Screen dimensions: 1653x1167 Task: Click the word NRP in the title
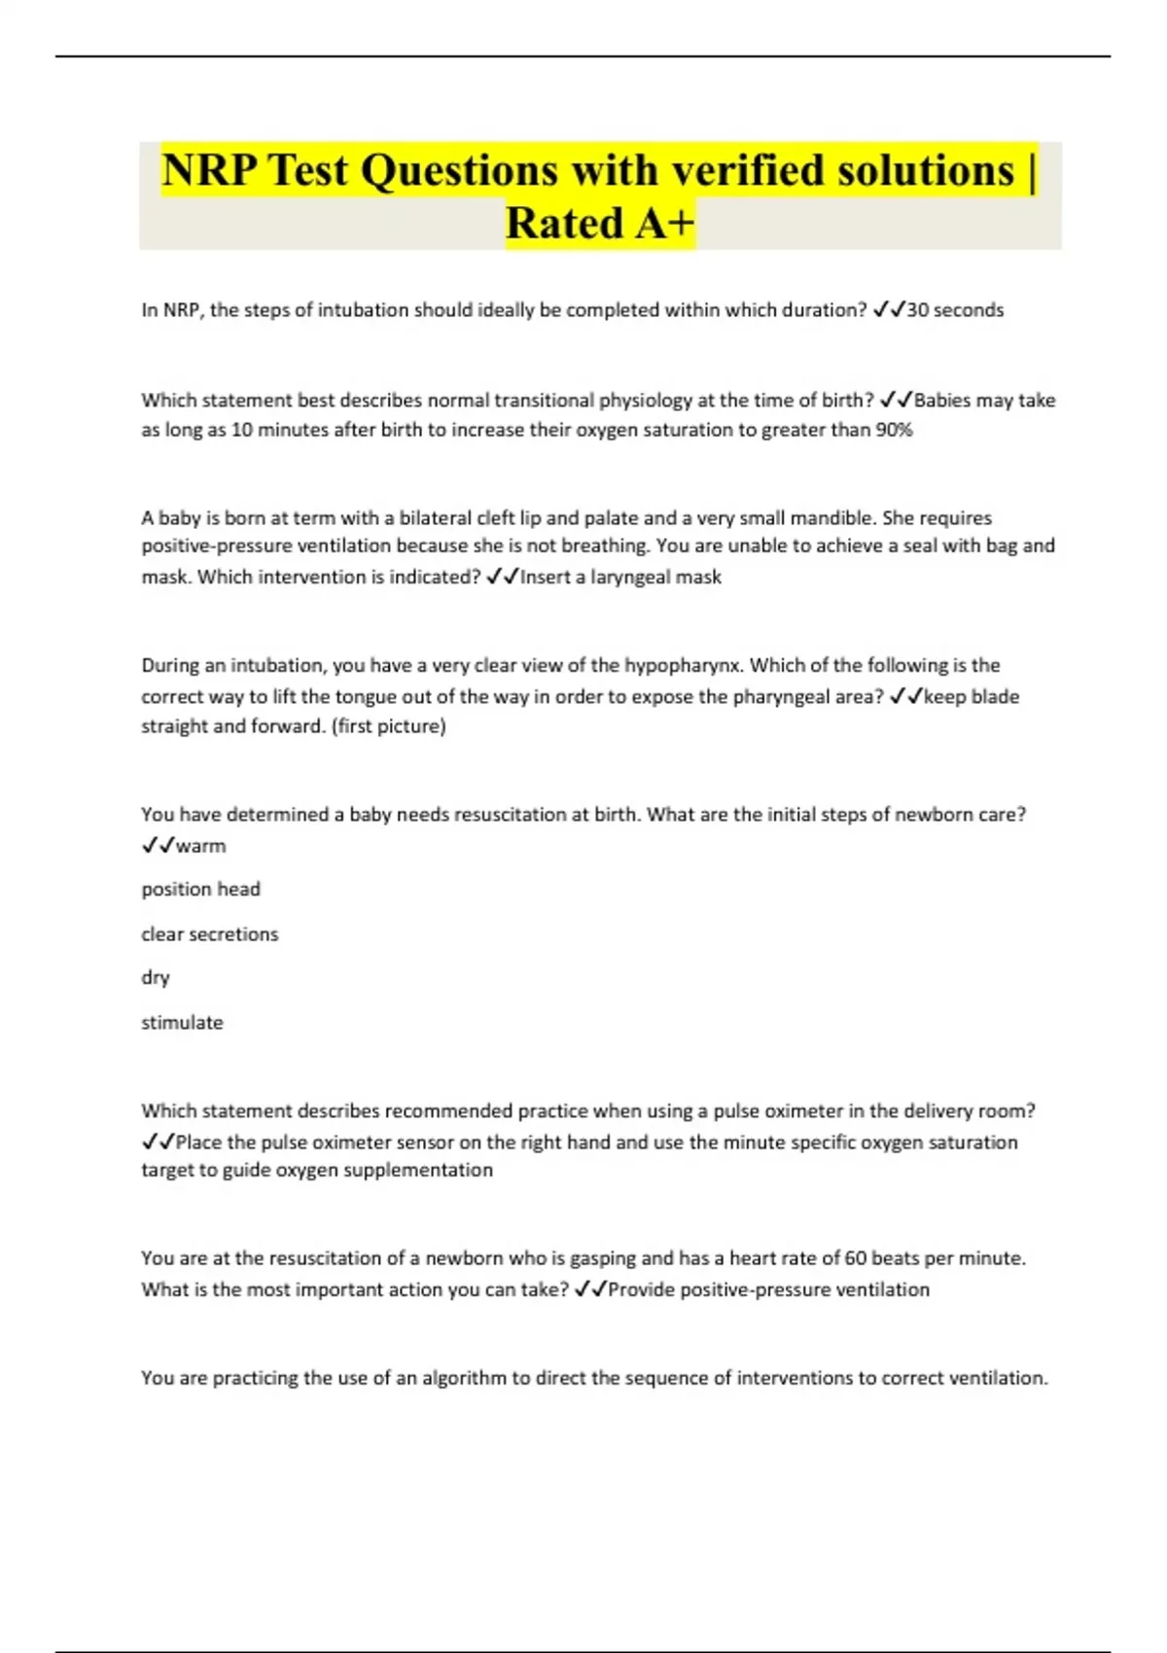point(209,170)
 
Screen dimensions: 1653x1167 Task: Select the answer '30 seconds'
point(955,310)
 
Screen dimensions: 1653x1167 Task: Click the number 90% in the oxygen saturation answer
point(894,430)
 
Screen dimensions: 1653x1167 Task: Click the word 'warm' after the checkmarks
point(201,846)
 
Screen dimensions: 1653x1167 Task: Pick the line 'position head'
point(200,889)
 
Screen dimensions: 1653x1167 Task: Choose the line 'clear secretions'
point(209,933)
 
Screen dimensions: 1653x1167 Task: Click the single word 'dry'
point(156,977)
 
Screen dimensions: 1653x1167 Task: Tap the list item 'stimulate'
point(182,1022)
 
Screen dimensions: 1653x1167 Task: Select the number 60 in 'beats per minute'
point(855,1258)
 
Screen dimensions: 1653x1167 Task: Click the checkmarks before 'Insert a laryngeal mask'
point(502,577)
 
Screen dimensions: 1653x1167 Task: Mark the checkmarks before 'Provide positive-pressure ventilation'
point(590,1289)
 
